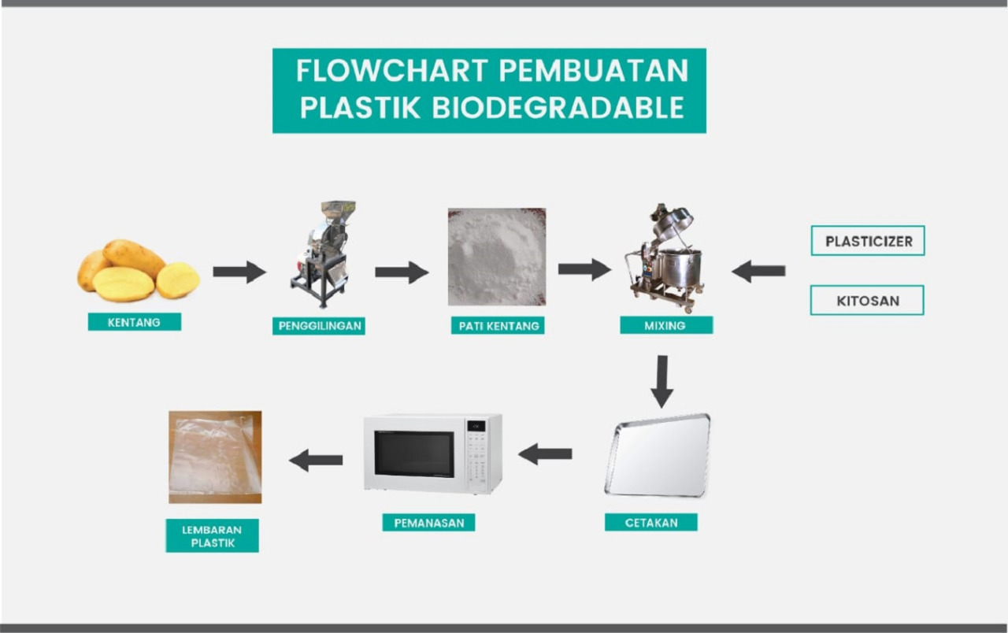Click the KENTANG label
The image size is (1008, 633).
coord(134,322)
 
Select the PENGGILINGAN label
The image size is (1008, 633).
coord(319,325)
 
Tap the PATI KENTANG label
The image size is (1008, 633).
coord(498,325)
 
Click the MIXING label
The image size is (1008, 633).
coord(665,325)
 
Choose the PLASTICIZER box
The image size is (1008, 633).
coord(868,241)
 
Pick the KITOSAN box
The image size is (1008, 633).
coord(867,300)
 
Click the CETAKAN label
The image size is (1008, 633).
coord(650,522)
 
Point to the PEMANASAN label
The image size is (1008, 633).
coord(428,522)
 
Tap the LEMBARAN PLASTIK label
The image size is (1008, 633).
coord(212,535)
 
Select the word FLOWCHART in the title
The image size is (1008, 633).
coord(391,71)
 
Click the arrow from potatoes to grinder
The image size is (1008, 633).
coord(239,272)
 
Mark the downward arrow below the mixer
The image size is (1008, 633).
coord(661,381)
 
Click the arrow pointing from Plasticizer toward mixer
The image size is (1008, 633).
coord(758,272)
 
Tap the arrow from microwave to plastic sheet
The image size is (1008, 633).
coord(317,459)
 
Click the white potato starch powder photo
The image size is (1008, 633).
coord(497,257)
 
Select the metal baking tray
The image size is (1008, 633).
coord(658,455)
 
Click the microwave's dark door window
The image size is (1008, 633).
coord(413,453)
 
